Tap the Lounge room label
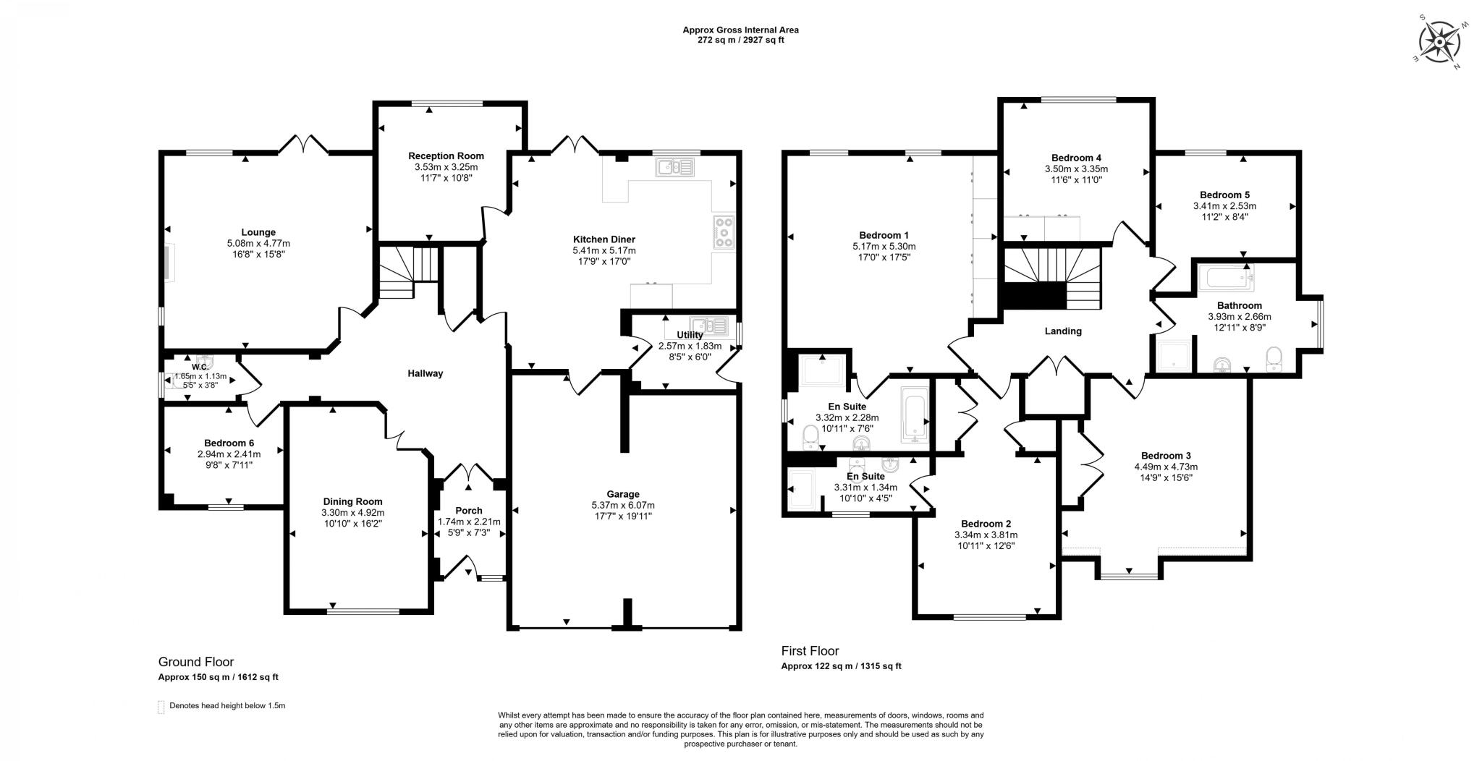[258, 232]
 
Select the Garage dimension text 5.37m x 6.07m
[622, 505]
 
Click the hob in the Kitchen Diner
[723, 233]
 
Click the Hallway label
[425, 374]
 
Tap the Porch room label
[469, 511]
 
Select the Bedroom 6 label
[229, 443]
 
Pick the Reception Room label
[446, 156]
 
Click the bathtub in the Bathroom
[1227, 277]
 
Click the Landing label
[1063, 331]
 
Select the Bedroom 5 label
[1224, 195]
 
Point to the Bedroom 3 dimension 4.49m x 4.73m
[1166, 467]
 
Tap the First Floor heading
[810, 651]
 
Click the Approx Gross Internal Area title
[740, 30]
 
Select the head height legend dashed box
[161, 707]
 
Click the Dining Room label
[352, 501]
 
